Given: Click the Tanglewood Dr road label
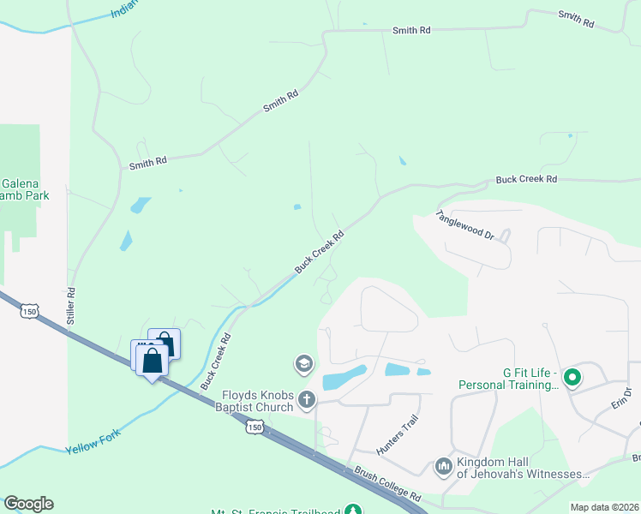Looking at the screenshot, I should tap(465, 224).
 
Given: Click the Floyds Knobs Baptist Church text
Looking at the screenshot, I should tap(257, 401).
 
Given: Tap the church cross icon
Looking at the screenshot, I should tap(306, 399).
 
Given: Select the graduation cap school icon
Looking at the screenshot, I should tap(303, 365).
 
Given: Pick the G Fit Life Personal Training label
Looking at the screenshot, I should tap(508, 380).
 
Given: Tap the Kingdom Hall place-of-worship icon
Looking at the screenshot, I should tap(444, 466).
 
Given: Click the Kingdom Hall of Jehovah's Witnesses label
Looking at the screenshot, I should tap(523, 468).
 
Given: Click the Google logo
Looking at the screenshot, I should tap(28, 504).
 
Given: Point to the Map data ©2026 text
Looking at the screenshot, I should tap(604, 507).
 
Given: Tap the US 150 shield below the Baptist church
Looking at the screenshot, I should tap(254, 426).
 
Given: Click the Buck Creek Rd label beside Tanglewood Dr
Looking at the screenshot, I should tap(526, 180).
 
